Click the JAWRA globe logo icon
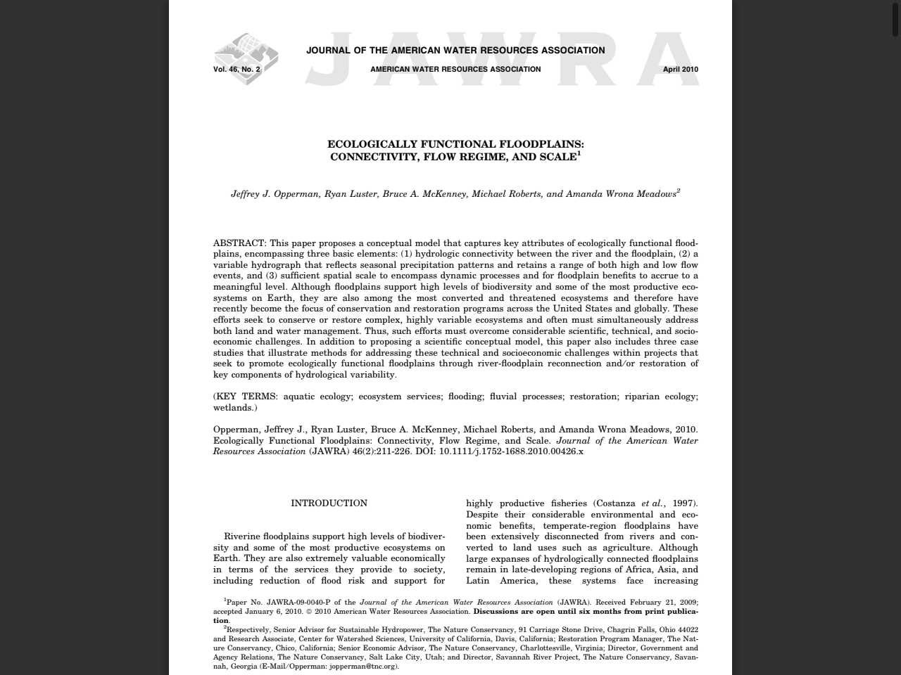[246, 58]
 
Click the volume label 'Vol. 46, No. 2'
[237, 70]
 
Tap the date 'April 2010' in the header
[680, 70]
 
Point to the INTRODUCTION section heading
[329, 503]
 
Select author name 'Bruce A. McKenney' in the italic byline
[424, 194]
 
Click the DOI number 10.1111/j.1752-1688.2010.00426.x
[511, 451]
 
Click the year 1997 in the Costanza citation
[683, 503]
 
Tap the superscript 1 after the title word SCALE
[579, 153]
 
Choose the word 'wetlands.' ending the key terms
[235, 408]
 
